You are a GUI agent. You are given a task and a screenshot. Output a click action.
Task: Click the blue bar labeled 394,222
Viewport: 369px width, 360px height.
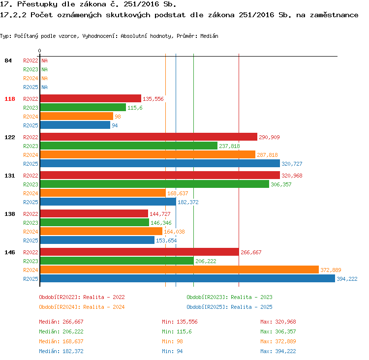[187, 278]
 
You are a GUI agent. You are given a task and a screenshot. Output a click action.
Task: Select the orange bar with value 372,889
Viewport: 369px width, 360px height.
[179, 270]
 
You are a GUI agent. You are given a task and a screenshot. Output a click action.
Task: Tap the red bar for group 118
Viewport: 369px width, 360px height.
[91, 98]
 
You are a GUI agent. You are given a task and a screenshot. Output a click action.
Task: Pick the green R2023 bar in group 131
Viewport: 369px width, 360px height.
[154, 184]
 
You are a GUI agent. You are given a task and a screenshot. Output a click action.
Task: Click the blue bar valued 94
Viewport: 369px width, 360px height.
[75, 125]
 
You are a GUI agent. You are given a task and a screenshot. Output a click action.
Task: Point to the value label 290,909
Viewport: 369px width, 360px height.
[269, 137]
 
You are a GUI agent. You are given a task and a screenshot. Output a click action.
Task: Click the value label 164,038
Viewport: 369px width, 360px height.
[174, 232]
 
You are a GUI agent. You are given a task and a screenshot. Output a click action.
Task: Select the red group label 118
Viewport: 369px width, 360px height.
[10, 99]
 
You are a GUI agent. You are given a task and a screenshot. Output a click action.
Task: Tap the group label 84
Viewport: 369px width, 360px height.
[8, 60]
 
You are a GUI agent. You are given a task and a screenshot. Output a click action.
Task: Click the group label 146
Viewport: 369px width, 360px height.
[10, 252]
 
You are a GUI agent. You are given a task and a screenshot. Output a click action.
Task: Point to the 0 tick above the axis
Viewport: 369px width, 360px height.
[39, 51]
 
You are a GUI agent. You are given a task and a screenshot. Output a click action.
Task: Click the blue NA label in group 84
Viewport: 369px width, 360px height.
[44, 87]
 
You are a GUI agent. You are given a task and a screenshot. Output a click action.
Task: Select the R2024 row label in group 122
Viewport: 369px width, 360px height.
[31, 155]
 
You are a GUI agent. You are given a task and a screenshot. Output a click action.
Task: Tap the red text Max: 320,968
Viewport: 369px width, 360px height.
[278, 322]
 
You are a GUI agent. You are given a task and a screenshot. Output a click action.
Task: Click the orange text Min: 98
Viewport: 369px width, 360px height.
[172, 341]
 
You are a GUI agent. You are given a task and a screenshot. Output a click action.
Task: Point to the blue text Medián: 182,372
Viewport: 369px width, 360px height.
[61, 351]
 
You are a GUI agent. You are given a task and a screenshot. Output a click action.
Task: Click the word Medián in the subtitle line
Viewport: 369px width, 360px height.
[209, 36]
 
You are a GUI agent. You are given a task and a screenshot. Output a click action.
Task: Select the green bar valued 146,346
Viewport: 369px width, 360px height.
[94, 222]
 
